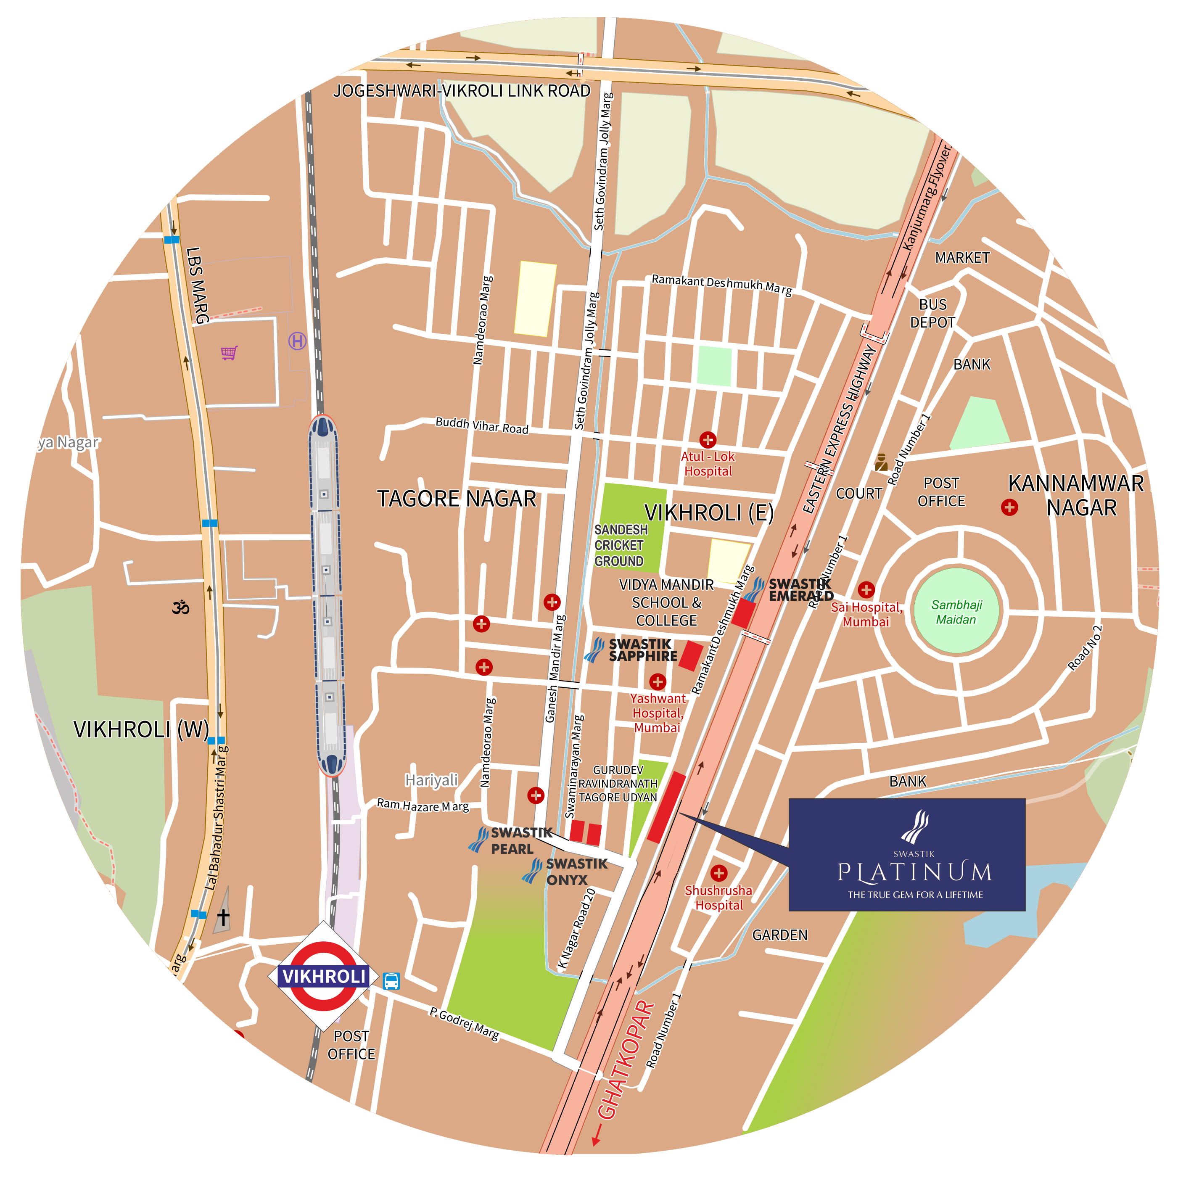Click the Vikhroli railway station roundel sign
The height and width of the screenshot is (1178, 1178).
[x=324, y=975]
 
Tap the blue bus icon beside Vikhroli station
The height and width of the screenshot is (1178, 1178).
[x=391, y=980]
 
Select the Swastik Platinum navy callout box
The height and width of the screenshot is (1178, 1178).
[x=907, y=854]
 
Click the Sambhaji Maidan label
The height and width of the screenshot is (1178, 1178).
[x=956, y=612]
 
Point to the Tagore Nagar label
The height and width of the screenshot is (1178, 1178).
[x=457, y=499]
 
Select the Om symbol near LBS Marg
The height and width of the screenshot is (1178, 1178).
[x=180, y=607]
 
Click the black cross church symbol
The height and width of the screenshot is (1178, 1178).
[x=223, y=917]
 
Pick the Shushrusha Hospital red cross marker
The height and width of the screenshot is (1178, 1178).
[x=719, y=873]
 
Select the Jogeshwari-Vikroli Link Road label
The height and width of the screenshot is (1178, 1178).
[x=462, y=91]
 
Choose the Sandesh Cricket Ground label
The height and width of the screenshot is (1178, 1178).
[x=620, y=545]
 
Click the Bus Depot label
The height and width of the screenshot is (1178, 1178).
[x=932, y=313]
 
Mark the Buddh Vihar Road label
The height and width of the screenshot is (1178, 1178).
[x=482, y=425]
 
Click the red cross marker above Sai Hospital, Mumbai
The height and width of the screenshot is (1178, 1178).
[x=866, y=589]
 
